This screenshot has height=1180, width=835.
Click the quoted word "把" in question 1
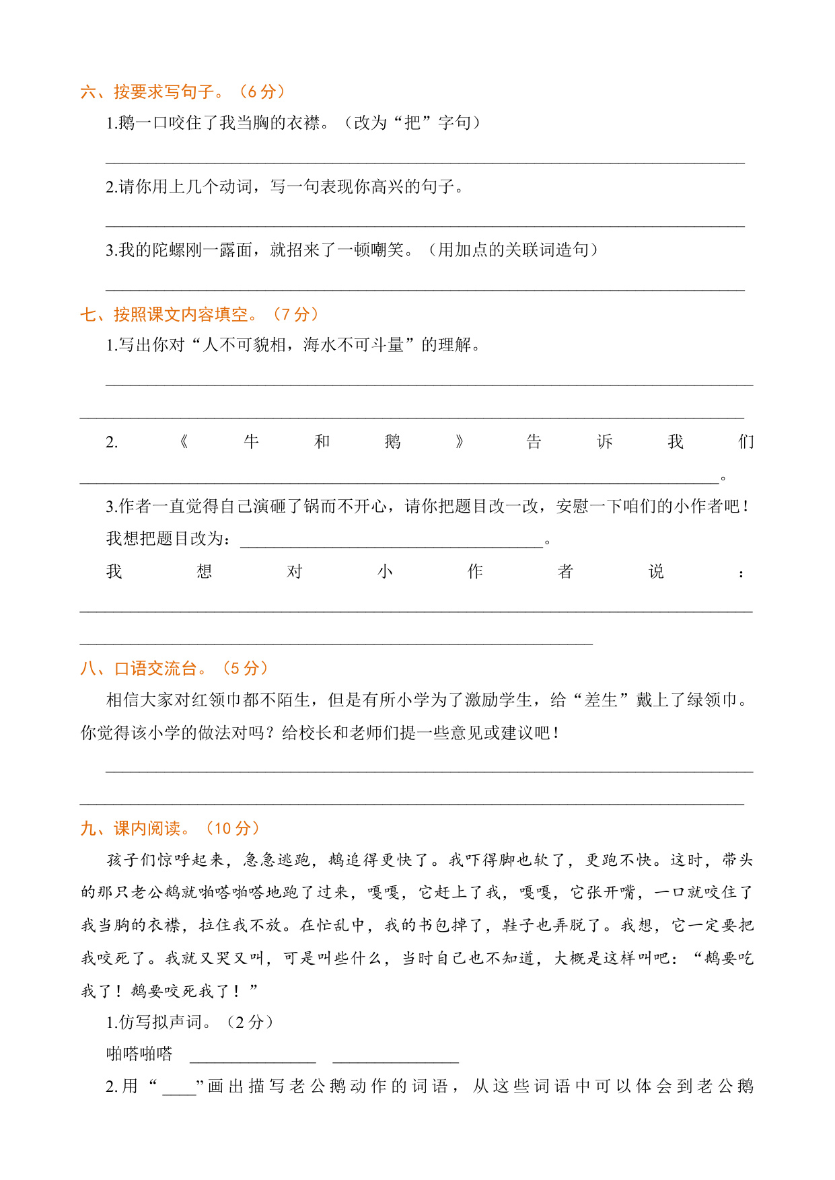click(412, 123)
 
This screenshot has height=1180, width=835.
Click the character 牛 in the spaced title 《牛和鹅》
click(251, 442)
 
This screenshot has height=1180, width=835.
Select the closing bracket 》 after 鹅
click(460, 442)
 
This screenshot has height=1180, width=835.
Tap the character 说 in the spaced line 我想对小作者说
click(656, 572)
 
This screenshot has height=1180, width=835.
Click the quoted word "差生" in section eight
click(601, 700)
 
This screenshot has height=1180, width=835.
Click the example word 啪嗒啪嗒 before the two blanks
click(139, 1054)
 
